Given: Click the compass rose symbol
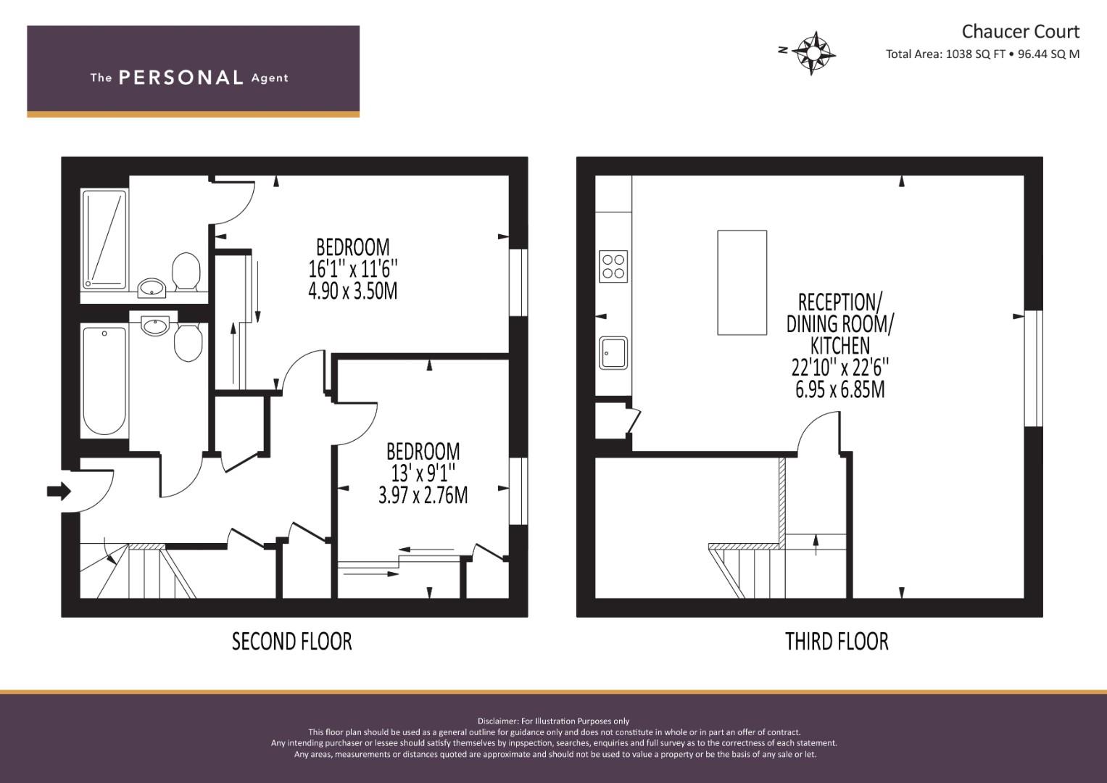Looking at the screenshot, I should tap(814, 52).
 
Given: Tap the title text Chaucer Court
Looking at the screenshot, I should tap(1020, 31).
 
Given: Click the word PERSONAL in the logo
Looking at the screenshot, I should tap(181, 78).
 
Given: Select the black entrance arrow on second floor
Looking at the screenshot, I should tap(59, 492).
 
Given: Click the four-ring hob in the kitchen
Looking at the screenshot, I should tap(613, 265).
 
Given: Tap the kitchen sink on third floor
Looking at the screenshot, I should tap(613, 353).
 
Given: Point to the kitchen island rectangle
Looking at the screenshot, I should tap(742, 283).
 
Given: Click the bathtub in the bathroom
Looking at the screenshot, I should tap(104, 381).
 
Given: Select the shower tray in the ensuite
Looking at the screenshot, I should tap(104, 239).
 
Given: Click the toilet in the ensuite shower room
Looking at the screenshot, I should tap(186, 272).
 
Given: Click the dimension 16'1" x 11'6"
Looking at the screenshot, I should tap(353, 270).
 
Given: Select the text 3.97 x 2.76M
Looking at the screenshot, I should tap(423, 496).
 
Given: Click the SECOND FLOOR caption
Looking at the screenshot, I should tap(291, 642).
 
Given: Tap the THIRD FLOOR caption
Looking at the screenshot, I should tap(837, 642).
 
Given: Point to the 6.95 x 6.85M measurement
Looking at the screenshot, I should tap(839, 390).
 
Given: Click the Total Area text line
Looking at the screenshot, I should tap(982, 54).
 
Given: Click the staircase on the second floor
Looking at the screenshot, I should tap(138, 573).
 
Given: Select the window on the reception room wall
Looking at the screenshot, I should tap(1033, 368).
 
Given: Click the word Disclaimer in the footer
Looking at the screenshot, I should tap(498, 721).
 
